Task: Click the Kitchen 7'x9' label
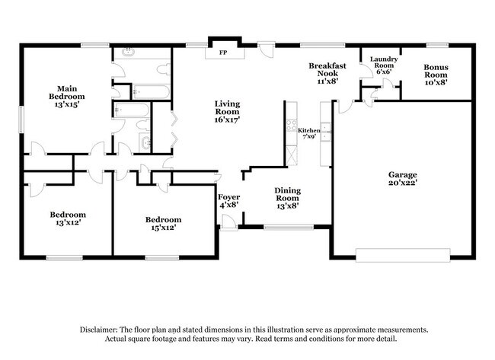[x=308, y=134]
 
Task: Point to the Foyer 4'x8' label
[x=229, y=200]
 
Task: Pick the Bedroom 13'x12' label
[x=68, y=218]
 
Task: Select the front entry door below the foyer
[x=228, y=221]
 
